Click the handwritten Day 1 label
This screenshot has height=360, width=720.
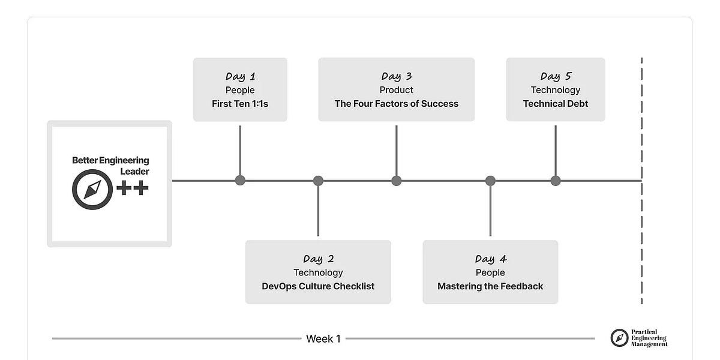[x=240, y=76]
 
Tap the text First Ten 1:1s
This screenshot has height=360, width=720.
[x=240, y=104]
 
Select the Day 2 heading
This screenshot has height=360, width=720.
[x=318, y=259]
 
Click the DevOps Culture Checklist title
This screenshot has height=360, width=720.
[x=318, y=286]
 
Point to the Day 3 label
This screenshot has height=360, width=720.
[x=396, y=76]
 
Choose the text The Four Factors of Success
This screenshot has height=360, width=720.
[x=396, y=104]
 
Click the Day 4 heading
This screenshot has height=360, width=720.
[x=490, y=259]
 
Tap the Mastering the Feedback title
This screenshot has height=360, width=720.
[x=490, y=286]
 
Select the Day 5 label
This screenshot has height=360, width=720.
[x=556, y=76]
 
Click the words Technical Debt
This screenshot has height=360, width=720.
[x=556, y=104]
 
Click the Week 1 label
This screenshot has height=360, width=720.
[x=323, y=339]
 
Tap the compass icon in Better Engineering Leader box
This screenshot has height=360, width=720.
[x=92, y=190]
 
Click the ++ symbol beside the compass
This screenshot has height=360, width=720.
[x=132, y=188]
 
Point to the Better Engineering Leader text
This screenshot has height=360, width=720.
[x=110, y=166]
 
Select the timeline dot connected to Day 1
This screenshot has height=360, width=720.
[x=240, y=181]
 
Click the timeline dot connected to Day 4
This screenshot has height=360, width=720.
[x=490, y=181]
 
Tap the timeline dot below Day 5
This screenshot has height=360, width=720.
[x=556, y=181]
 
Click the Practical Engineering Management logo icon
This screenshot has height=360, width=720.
[x=619, y=338]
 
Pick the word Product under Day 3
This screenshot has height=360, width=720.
[x=396, y=90]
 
